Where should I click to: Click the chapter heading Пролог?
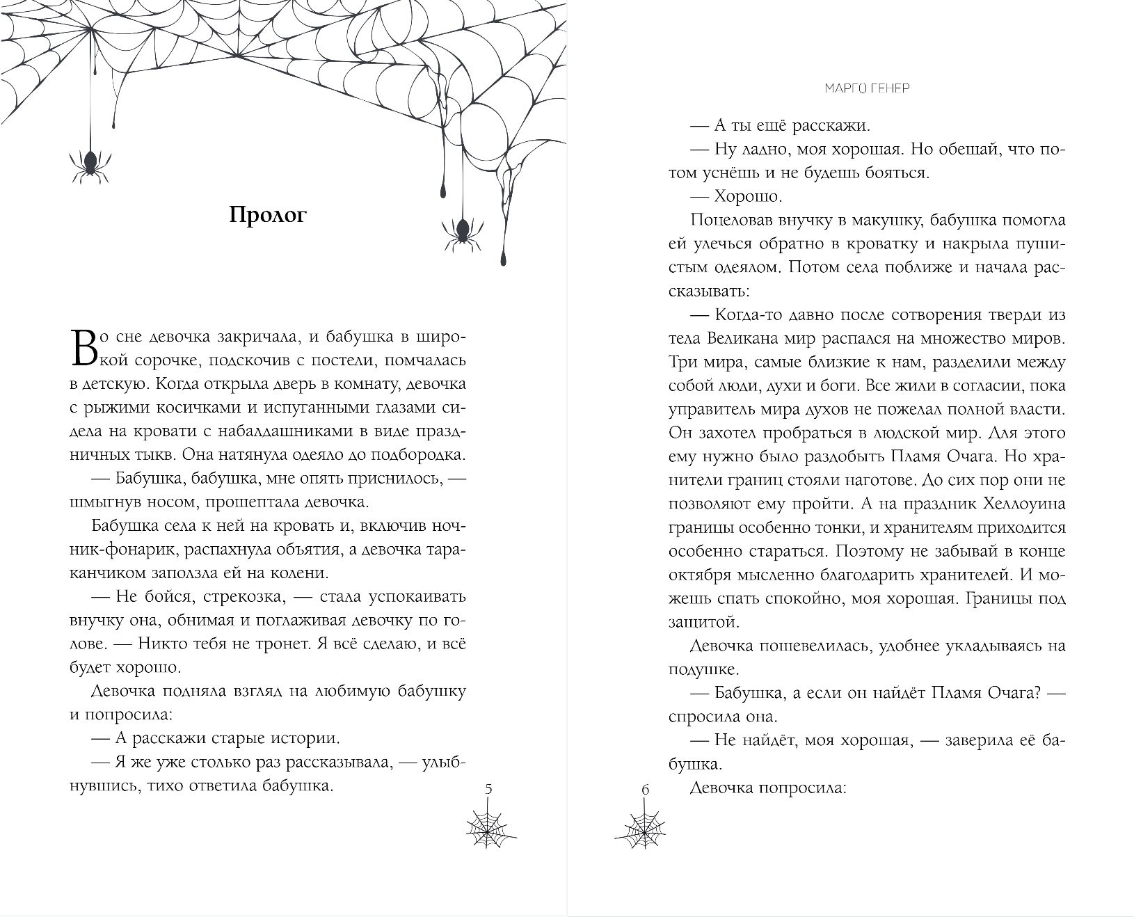pos(268,216)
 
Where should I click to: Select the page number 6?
pos(645,790)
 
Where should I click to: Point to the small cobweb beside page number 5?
pos(492,826)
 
